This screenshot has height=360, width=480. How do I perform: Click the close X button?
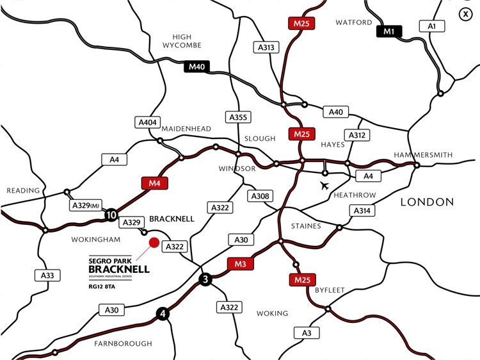point(465,15)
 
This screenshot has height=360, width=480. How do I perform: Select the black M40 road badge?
point(196,67)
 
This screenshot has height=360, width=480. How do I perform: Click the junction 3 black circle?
point(205,279)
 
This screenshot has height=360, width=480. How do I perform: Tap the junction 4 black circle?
point(163,314)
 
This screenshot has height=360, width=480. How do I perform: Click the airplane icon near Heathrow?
point(325,186)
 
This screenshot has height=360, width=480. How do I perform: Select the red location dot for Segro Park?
point(154,243)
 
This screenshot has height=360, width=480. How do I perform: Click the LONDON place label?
point(427,202)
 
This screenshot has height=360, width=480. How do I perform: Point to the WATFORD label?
point(354,22)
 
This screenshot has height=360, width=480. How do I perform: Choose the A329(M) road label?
point(85,206)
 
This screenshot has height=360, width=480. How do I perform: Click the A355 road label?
point(237,117)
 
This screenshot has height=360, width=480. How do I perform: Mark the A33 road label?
point(44,275)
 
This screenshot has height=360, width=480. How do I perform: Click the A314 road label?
point(361,211)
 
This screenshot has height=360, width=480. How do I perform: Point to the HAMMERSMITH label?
point(423,155)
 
